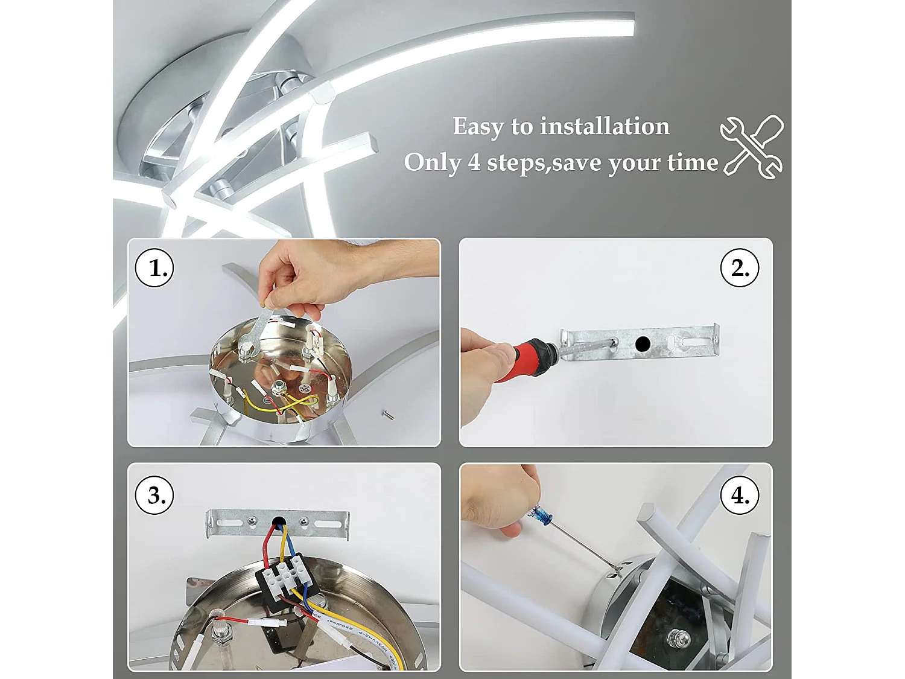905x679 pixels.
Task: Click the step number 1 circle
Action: click(154, 268)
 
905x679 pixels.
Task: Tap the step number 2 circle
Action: click(740, 268)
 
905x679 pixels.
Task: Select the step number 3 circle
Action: click(154, 495)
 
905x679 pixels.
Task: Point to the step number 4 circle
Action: click(740, 495)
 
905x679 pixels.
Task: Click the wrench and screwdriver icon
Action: click(752, 147)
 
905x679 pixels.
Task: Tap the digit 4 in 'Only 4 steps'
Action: click(474, 162)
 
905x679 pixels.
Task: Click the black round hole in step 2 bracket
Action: click(643, 344)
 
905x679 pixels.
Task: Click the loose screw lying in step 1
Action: click(388, 415)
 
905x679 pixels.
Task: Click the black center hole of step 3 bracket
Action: click(278, 520)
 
